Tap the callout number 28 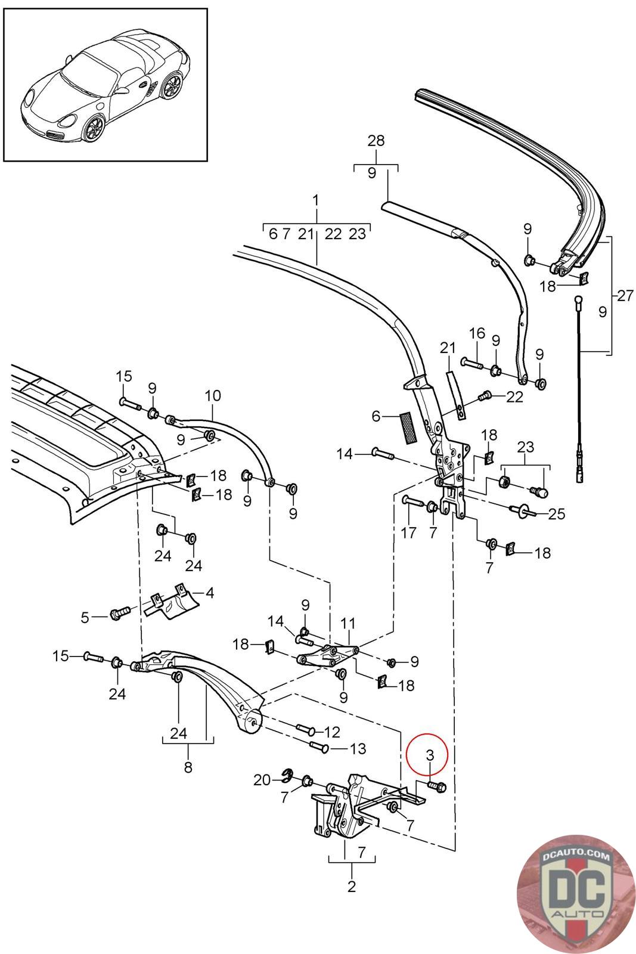tap(376, 141)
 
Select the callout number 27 tap(625, 296)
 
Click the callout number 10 tap(213, 396)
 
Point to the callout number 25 tap(556, 514)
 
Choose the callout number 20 tap(262, 780)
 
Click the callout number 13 tap(358, 748)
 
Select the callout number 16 tap(477, 333)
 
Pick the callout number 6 tap(376, 416)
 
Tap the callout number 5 tap(85, 617)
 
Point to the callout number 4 tap(209, 593)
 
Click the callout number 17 tap(409, 532)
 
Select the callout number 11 tap(348, 624)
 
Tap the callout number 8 tap(188, 767)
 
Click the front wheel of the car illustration tap(93, 129)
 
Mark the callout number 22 tap(514, 397)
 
